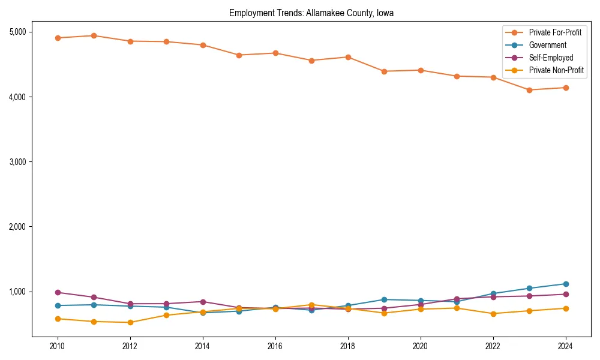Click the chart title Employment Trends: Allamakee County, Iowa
pyautogui.click(x=311, y=13)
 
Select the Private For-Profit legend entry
pyautogui.click(x=555, y=32)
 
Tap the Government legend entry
pyautogui.click(x=547, y=45)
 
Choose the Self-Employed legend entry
pyautogui.click(x=551, y=58)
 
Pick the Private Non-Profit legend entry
pyautogui.click(x=556, y=70)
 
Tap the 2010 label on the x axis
pyautogui.click(x=58, y=346)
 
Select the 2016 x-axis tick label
pyautogui.click(x=275, y=346)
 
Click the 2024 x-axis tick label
pyautogui.click(x=565, y=346)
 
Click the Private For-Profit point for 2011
pyautogui.click(x=94, y=35)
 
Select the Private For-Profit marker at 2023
pyautogui.click(x=529, y=90)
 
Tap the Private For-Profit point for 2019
pyautogui.click(x=384, y=71)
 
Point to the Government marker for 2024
pyautogui.click(x=565, y=284)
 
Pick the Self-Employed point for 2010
pyautogui.click(x=58, y=292)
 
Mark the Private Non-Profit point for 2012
pyautogui.click(x=130, y=322)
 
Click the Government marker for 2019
pyautogui.click(x=384, y=299)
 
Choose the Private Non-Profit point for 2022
pyautogui.click(x=493, y=314)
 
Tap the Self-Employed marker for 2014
pyautogui.click(x=203, y=302)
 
